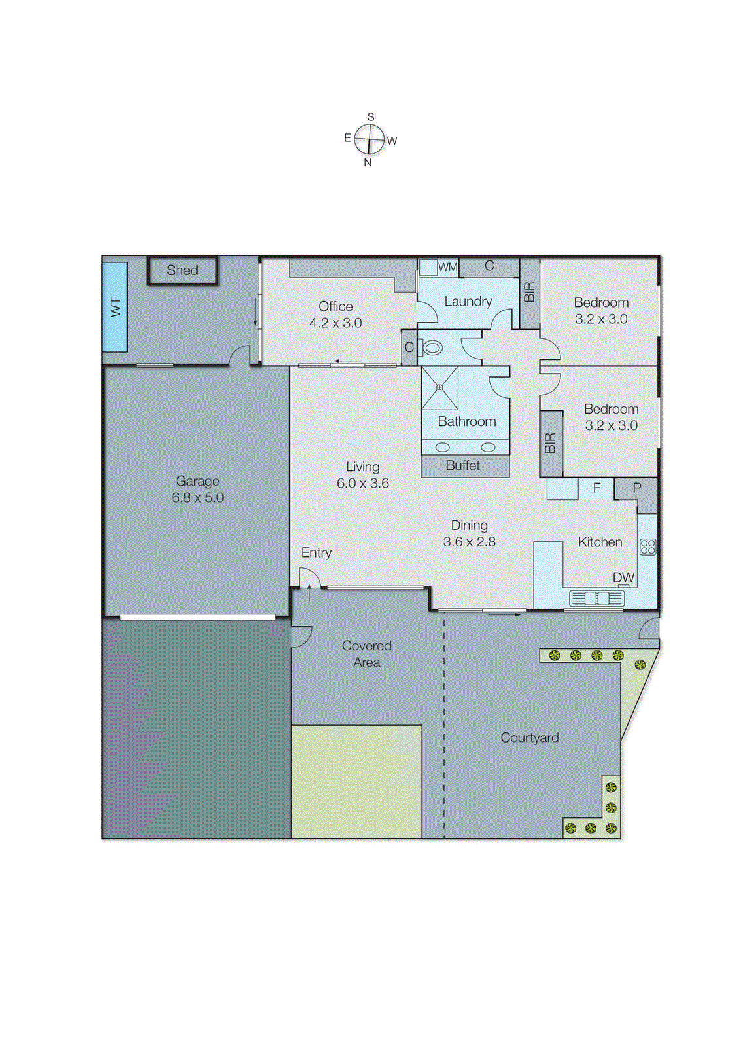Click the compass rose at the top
click(370, 139)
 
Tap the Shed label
click(182, 270)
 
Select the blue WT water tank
click(115, 307)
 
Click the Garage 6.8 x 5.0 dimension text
click(198, 497)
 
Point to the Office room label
click(336, 306)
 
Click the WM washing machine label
click(447, 267)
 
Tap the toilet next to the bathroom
click(432, 347)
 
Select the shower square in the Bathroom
click(439, 387)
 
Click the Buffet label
click(463, 466)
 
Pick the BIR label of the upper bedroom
click(529, 292)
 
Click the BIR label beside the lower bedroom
click(550, 443)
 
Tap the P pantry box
click(636, 488)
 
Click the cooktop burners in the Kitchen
click(647, 546)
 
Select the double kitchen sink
click(596, 598)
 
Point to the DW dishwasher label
click(623, 578)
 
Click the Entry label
click(317, 553)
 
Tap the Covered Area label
click(366, 654)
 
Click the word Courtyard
click(529, 738)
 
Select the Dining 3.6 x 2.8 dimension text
click(469, 542)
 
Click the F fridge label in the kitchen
click(596, 488)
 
